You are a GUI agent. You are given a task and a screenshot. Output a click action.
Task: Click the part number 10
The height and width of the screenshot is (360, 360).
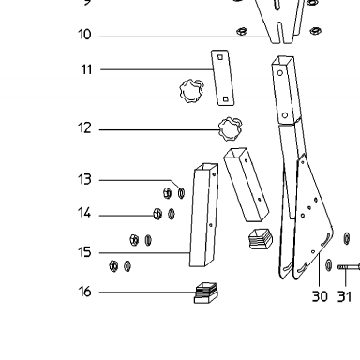(x=84, y=35)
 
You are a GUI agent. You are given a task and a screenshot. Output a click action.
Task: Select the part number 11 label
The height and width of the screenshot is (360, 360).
(x=86, y=69)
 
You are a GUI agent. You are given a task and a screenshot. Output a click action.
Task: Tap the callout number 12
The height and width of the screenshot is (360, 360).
(x=84, y=127)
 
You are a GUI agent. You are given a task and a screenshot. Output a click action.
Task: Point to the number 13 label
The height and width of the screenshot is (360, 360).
(x=84, y=179)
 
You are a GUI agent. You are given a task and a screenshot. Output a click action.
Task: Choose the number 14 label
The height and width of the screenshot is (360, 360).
(x=84, y=213)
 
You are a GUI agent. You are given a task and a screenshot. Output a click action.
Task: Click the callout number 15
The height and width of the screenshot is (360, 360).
(x=84, y=252)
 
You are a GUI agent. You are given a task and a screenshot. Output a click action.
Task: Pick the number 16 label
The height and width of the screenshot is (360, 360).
(x=84, y=292)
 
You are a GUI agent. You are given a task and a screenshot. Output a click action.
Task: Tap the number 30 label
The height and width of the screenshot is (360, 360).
(x=320, y=296)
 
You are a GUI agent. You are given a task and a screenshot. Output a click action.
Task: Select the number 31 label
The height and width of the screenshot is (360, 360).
(x=344, y=296)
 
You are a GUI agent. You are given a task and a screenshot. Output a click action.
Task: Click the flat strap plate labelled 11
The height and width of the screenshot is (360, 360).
(x=222, y=78)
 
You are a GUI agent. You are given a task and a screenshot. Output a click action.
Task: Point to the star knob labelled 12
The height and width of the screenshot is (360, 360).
(x=231, y=128)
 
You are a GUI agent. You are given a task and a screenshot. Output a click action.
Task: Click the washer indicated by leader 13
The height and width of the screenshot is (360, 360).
(x=181, y=193)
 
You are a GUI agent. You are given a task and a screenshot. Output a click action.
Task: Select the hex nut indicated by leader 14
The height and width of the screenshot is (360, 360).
(x=157, y=214)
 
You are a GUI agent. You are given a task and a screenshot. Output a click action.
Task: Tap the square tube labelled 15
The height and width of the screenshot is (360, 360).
(x=203, y=215)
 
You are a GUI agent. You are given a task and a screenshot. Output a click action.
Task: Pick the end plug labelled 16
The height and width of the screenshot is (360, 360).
(x=205, y=293)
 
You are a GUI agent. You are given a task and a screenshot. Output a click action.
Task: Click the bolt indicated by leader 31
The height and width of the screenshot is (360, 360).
(x=349, y=267)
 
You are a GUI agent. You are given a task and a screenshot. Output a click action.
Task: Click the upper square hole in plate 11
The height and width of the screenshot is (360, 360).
(x=220, y=57)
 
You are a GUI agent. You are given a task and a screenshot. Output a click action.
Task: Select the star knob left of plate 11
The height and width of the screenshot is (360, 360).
(x=192, y=91)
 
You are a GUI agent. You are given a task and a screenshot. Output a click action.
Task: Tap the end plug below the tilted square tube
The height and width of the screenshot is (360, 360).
(x=261, y=239)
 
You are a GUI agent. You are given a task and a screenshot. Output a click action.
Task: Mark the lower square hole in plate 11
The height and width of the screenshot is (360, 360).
(x=226, y=99)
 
